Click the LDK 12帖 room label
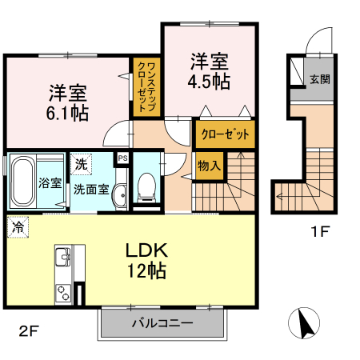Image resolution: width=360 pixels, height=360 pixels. click(145, 260)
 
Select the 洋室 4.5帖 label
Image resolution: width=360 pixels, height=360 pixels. click(210, 70)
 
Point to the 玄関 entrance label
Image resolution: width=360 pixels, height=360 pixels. click(319, 79)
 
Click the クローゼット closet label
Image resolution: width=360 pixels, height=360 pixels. click(225, 134)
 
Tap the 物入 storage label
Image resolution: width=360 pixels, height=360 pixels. click(209, 167)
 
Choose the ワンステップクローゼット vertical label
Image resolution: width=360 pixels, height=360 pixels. click(146, 88)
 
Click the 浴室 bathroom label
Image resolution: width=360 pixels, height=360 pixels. click(50, 182)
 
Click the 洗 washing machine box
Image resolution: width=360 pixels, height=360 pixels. click(80, 166)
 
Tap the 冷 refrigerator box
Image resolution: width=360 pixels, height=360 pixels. click(17, 226)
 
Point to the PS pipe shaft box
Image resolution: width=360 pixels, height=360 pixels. click(122, 158)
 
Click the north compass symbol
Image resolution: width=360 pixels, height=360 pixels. click(305, 324)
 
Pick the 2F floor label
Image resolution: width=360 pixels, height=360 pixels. click(30, 329)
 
